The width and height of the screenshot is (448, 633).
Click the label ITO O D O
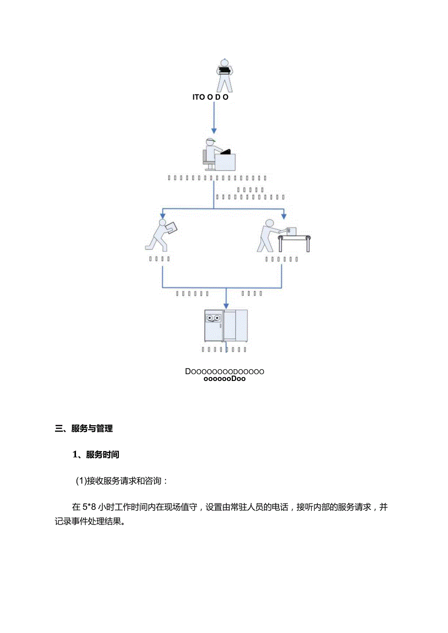(x=210, y=97)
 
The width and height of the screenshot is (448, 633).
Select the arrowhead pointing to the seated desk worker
(x=214, y=131)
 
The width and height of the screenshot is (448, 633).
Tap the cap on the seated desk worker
(x=210, y=141)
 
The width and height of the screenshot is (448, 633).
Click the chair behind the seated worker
(x=205, y=158)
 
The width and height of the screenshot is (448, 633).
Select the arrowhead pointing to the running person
(x=162, y=215)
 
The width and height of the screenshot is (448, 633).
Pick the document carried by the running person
(x=171, y=228)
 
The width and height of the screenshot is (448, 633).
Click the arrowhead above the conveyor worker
(x=284, y=215)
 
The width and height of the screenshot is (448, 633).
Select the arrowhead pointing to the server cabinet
(x=226, y=305)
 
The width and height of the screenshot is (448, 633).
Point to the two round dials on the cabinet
(x=213, y=318)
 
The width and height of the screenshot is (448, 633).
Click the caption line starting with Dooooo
(x=224, y=371)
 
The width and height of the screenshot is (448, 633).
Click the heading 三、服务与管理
(x=84, y=429)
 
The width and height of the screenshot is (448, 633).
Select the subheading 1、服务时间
(x=96, y=455)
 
